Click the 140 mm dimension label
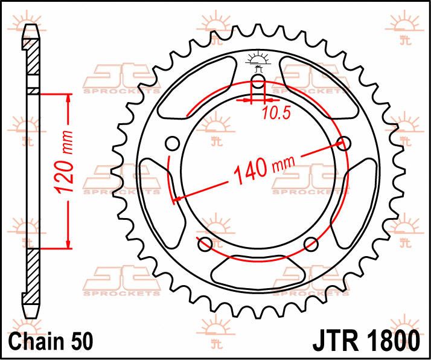[x=264, y=170]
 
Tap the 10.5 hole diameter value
[x=276, y=113]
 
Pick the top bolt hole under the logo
[x=258, y=82]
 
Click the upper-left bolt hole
[x=173, y=143]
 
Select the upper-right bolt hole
[x=344, y=143]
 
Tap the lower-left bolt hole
[x=205, y=244]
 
